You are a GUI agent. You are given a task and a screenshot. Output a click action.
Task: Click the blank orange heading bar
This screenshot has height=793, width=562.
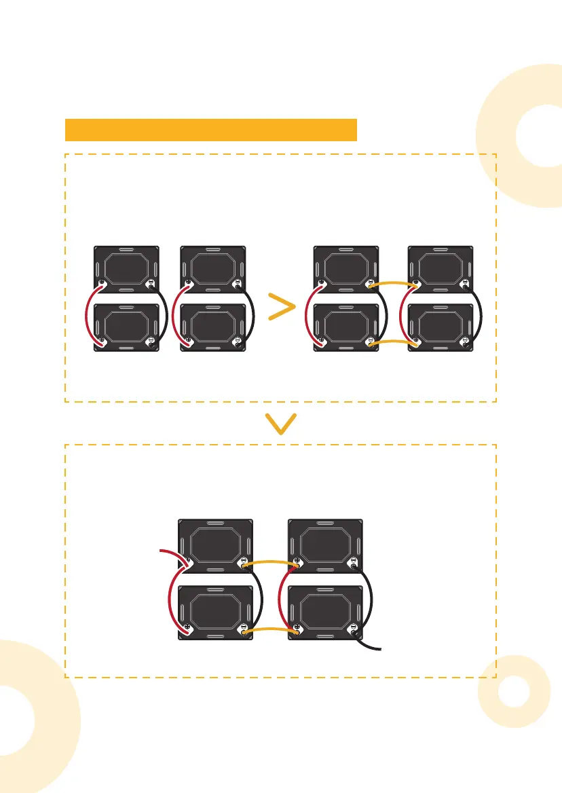210,129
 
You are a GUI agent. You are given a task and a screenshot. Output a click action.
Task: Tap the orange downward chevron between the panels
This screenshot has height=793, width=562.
281,424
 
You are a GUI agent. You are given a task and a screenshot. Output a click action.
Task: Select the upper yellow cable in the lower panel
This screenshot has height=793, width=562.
270,562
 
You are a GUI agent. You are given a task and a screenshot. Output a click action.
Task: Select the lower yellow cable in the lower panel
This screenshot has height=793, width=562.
270,629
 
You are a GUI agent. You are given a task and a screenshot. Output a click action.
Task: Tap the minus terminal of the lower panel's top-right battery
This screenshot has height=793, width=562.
353,561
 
